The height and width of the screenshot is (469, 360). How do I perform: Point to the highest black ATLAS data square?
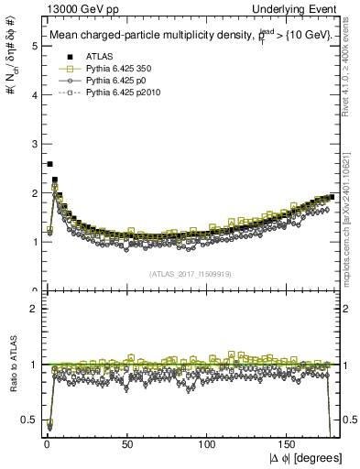pyautogui.click(x=49, y=164)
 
